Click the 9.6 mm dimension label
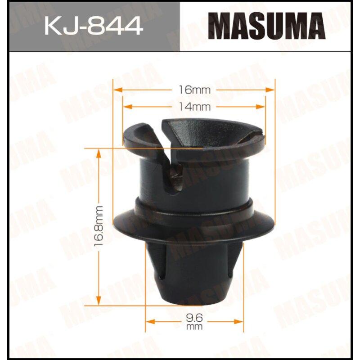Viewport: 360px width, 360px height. pos(194,322)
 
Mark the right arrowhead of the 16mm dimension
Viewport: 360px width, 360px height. pos(271,90)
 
